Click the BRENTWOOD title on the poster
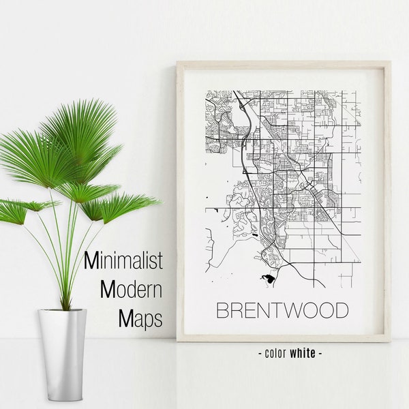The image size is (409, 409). point(282,309)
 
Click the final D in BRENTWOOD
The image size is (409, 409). point(341,309)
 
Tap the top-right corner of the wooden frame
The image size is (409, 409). point(389,63)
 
